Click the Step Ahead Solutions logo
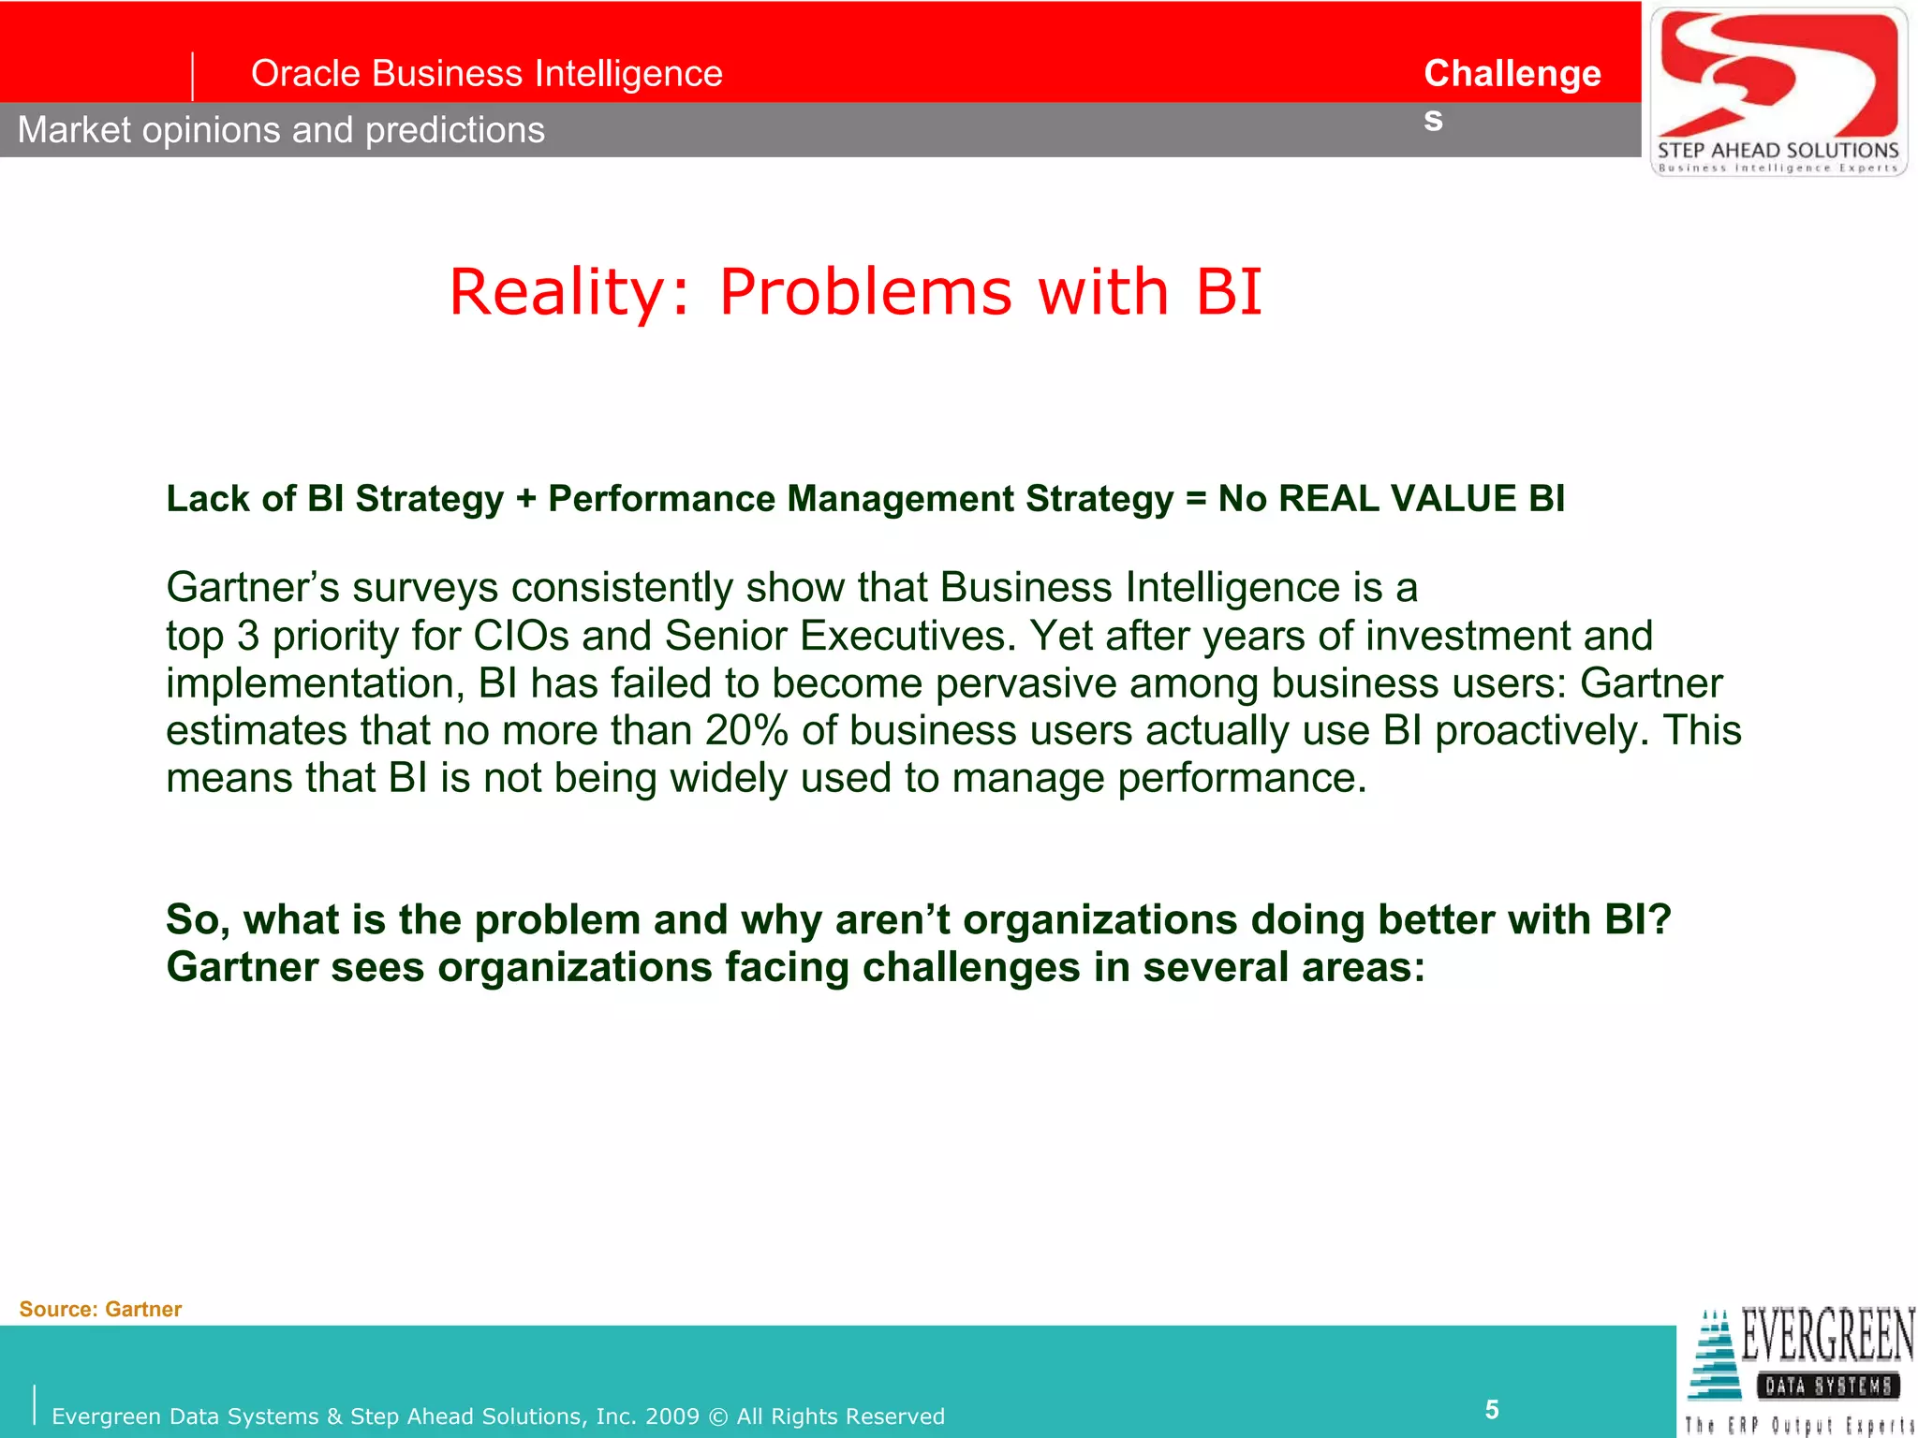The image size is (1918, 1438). click(x=1778, y=91)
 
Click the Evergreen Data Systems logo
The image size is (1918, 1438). click(x=1798, y=1372)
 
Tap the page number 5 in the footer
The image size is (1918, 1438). click(x=1492, y=1409)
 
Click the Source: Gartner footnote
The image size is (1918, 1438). click(x=100, y=1309)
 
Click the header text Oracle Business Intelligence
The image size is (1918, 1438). click(x=486, y=74)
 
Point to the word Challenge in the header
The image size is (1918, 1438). click(x=1512, y=74)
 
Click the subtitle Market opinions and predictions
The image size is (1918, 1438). click(x=281, y=130)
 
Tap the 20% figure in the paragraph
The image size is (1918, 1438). click(x=746, y=731)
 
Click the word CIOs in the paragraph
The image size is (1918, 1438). click(x=521, y=637)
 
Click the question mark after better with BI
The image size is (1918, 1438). click(x=1660, y=920)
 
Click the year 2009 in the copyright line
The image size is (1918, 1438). click(x=671, y=1416)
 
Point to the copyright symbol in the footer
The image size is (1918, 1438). click(x=718, y=1416)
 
